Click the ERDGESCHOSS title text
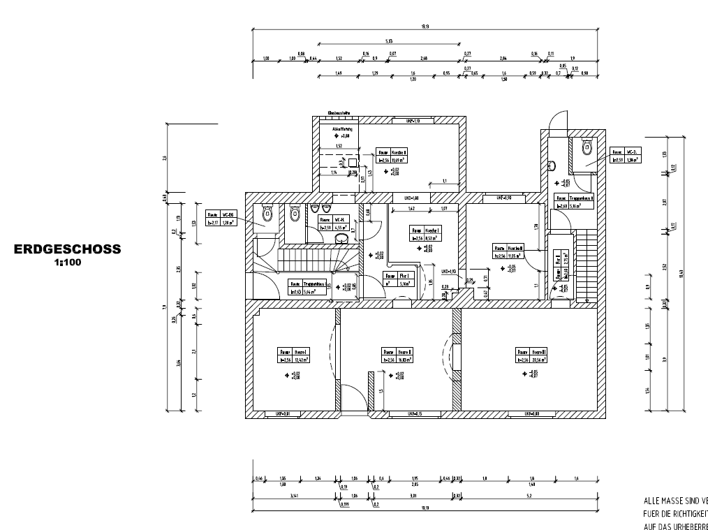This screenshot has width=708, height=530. coord(68,249)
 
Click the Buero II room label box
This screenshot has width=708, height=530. coord(397,355)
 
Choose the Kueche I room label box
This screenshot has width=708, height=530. coord(425,233)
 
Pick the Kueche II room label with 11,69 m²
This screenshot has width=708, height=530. coord(392,155)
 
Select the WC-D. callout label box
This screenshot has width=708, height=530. coord(625,155)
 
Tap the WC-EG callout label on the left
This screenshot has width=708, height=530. coord(221,219)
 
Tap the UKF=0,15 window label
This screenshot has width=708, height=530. coord(414,415)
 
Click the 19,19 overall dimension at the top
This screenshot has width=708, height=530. coord(425,27)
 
